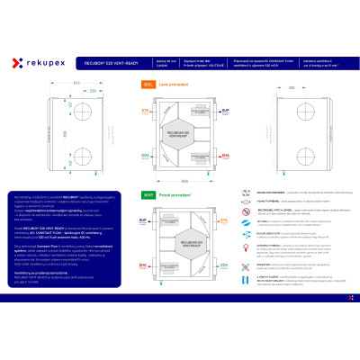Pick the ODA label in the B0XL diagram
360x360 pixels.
click(145, 155)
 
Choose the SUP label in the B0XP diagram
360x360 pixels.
click(142, 219)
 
